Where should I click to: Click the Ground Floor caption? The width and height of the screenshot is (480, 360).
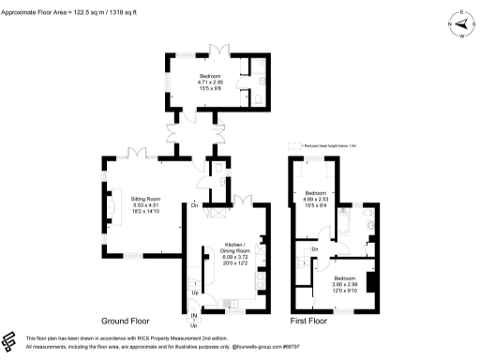coord(135,321)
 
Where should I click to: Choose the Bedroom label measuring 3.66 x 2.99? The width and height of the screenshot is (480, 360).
coord(344,282)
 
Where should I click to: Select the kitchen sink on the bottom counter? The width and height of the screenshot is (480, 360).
coord(230,302)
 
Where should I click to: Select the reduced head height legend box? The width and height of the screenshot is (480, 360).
coord(294,145)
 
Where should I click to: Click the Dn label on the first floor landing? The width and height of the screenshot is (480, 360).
coord(315,248)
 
